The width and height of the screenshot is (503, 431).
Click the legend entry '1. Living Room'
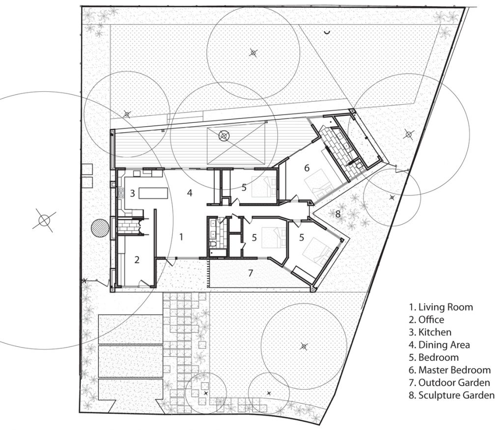[441, 307]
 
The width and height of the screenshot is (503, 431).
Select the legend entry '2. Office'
[426, 319]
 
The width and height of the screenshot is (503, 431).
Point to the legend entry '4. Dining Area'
[439, 345]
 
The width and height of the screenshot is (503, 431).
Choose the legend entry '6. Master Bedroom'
[449, 370]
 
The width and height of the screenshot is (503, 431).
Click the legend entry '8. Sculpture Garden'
[452, 395]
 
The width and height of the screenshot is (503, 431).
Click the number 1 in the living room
[181, 237]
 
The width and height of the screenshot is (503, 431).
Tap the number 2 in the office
[137, 259]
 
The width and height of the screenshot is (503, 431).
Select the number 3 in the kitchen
[132, 193]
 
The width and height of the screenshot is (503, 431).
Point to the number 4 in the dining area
[190, 193]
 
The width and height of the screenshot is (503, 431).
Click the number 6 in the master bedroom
[307, 168]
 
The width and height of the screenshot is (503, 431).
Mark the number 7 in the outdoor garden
[251, 273]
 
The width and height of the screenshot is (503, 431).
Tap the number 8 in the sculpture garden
[337, 214]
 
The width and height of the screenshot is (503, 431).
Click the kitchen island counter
[153, 194]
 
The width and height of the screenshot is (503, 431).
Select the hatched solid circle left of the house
[100, 228]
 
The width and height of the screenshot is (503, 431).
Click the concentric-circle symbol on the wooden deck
[224, 137]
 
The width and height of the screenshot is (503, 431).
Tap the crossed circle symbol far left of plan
[44, 220]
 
